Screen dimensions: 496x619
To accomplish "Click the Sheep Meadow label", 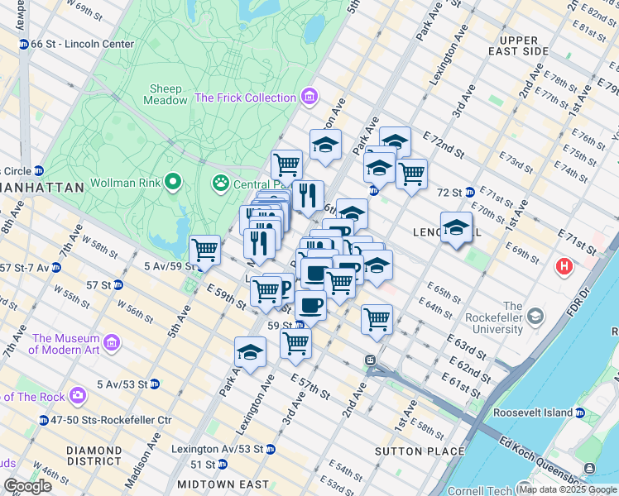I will click(166, 95).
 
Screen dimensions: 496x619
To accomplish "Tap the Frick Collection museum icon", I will click(309, 98).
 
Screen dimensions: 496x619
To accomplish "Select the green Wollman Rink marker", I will click(172, 181).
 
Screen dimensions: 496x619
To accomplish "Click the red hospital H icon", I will click(564, 267).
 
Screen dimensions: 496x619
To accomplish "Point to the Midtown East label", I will click(223, 484).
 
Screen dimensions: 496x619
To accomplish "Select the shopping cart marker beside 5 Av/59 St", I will click(204, 249).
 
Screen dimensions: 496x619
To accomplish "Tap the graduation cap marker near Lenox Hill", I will click(456, 227).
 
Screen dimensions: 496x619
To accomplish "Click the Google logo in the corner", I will click(27, 486).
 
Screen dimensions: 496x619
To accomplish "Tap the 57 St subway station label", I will click(103, 284).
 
